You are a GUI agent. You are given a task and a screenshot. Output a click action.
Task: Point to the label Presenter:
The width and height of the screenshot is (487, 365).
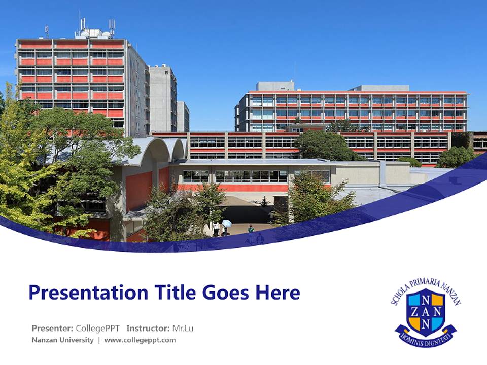tap(52, 328)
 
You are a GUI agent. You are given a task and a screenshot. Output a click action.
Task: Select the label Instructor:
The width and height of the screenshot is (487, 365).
tap(148, 328)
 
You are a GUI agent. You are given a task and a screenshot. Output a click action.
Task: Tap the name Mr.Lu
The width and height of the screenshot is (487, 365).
tap(183, 328)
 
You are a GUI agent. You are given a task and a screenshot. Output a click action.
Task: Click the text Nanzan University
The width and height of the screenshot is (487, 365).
tap(62, 340)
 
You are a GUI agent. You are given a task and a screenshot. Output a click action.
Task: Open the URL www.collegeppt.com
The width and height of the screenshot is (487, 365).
tap(140, 340)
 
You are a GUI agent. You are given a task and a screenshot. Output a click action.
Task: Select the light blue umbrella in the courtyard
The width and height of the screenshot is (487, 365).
tap(227, 223)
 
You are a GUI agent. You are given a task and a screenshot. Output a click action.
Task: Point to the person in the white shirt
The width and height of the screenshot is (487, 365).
tap(216, 227)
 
